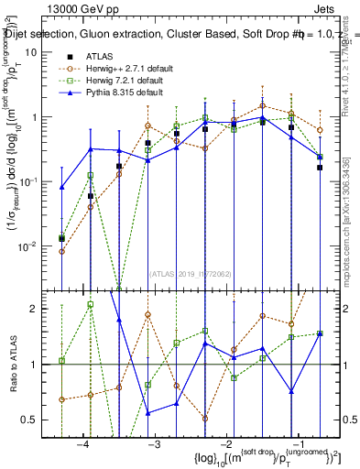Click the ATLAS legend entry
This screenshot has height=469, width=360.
100,56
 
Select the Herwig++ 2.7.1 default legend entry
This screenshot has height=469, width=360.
125,68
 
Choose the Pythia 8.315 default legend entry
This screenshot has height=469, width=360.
119,93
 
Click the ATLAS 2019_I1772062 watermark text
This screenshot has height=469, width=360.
192,272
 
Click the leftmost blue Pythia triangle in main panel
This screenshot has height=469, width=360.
61,187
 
